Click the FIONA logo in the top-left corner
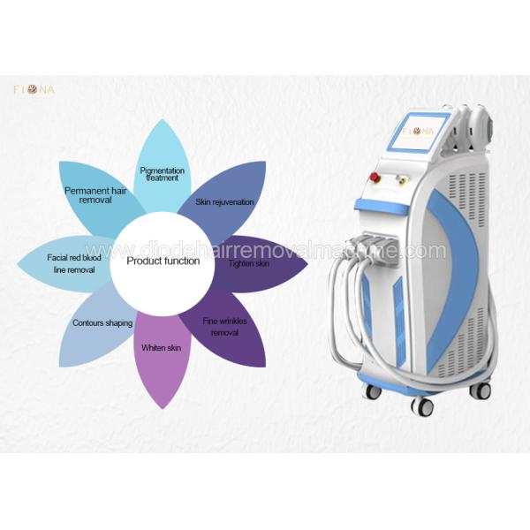(34, 90)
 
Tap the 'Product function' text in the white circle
(163, 261)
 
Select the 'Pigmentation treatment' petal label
(163, 174)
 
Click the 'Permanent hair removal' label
(95, 195)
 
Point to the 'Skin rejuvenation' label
(224, 202)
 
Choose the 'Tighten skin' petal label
(249, 263)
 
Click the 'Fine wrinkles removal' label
(224, 327)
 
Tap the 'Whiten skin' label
(162, 348)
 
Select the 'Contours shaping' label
(102, 323)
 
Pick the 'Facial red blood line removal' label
(74, 263)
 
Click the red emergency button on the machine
(375, 176)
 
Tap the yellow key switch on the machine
(402, 178)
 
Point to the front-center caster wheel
(422, 405)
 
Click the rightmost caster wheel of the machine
(480, 390)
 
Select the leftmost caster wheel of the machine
(373, 391)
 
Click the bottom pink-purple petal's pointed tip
(163, 409)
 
